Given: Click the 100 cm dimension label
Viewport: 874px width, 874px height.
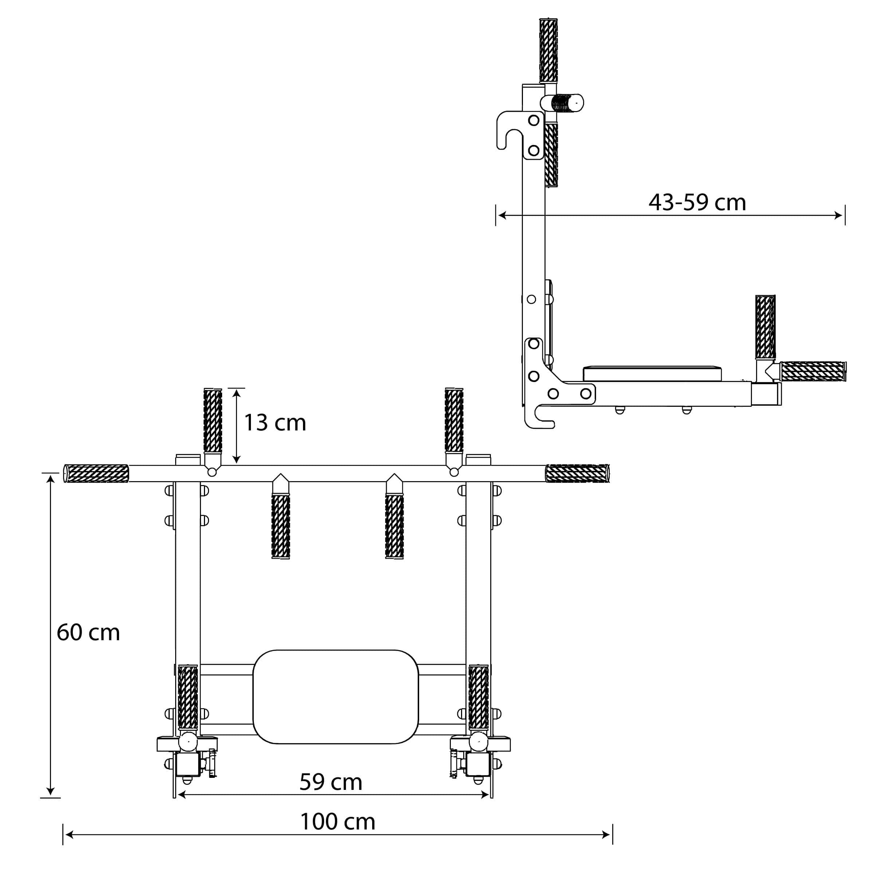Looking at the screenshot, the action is [338, 822].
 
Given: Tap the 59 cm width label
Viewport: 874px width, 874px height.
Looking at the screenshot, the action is [331, 782].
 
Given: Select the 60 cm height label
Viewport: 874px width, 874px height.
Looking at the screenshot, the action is [88, 633].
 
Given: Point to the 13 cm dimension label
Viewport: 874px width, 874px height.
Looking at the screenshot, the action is [275, 422].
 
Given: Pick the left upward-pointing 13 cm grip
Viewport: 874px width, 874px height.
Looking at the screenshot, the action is [213, 420].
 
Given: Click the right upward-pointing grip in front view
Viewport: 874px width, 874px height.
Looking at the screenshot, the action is [454, 420].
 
